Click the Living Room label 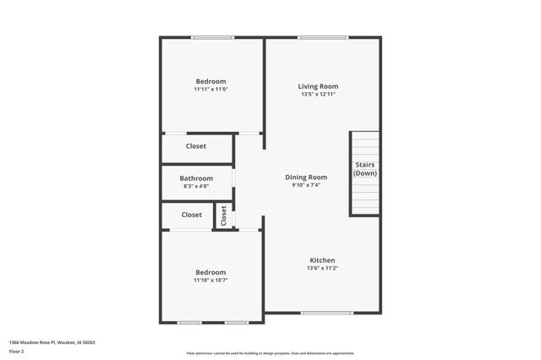[318, 86]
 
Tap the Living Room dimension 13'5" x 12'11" [318, 95]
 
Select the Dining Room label [306, 177]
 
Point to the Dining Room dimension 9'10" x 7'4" [306, 185]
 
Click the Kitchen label [322, 260]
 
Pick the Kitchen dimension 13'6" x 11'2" [322, 269]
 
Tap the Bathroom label [196, 178]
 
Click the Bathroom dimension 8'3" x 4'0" [196, 187]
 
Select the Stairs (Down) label [365, 169]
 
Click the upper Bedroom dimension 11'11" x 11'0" [210, 90]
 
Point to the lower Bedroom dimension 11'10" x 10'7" [210, 281]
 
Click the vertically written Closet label [224, 215]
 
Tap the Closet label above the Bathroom [196, 146]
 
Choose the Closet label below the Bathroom [192, 215]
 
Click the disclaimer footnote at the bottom [270, 353]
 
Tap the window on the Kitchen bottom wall [326, 313]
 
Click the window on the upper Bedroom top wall [212, 37]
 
